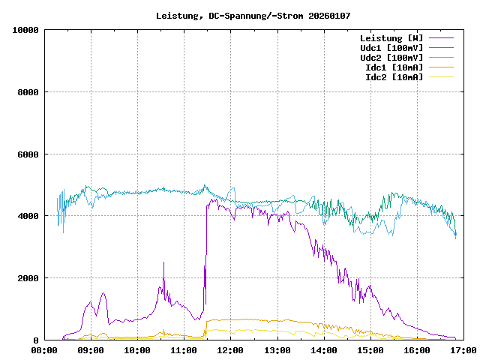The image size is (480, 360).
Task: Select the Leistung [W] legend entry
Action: point(391,37)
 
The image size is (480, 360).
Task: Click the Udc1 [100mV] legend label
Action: point(391,47)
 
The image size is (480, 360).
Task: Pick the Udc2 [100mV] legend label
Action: point(391,57)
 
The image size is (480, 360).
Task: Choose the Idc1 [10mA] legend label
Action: point(393,67)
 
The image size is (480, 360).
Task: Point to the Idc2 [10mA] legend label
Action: point(393,76)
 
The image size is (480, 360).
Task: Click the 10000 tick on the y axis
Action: point(25,30)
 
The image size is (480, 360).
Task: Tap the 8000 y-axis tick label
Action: point(28,92)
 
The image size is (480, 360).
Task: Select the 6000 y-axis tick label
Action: point(28,154)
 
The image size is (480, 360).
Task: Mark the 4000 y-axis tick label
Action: point(28,216)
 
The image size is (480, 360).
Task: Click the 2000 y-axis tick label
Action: point(28,278)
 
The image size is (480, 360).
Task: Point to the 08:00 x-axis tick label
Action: point(44,350)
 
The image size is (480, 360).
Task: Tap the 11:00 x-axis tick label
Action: point(184,350)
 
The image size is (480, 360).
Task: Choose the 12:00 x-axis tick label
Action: point(230,350)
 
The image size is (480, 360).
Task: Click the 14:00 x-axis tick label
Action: point(323,350)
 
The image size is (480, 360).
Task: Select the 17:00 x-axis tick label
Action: point(463,350)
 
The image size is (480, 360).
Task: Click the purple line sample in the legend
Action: point(441,37)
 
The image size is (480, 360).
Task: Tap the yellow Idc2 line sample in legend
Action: point(441,76)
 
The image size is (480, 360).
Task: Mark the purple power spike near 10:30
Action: point(164,264)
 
